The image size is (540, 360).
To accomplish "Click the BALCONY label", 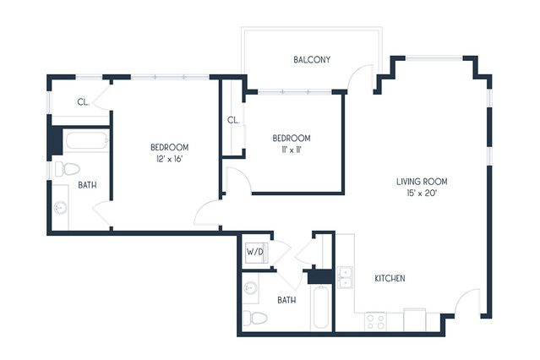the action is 312,60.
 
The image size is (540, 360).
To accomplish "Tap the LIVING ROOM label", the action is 422,182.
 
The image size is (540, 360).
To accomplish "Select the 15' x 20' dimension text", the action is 422,193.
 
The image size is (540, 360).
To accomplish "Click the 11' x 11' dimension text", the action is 292,150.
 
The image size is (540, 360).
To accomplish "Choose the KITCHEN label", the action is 390,278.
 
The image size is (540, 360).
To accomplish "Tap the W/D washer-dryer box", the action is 255,252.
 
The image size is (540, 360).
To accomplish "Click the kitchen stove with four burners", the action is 375,321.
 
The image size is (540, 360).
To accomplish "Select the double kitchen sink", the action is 345,277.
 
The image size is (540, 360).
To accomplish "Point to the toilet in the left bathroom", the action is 67,169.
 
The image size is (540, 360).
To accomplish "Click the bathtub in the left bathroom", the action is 86,141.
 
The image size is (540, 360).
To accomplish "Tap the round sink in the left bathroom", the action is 61,208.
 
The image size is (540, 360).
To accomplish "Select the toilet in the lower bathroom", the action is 255,317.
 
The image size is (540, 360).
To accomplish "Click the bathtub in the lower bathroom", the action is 321,307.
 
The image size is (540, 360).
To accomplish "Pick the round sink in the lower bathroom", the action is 251,287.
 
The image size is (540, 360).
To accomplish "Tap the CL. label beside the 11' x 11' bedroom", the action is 233,120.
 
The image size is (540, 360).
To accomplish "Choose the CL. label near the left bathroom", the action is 84,102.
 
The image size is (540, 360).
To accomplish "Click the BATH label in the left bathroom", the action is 87,185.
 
